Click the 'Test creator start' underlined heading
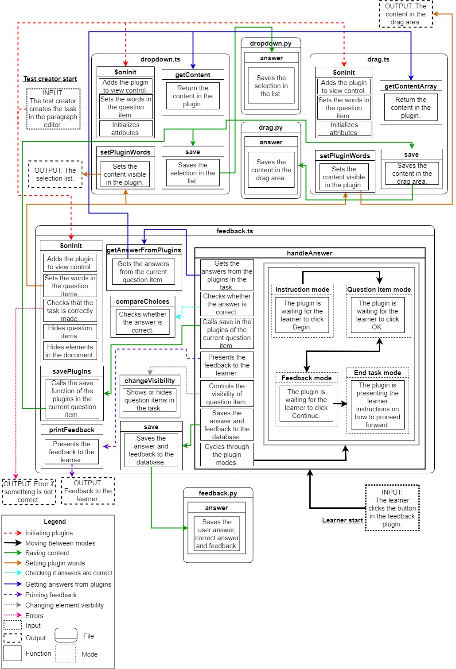[x=50, y=79]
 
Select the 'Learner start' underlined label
[x=342, y=520]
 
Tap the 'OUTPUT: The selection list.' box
[x=55, y=174]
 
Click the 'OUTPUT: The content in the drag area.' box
[x=405, y=14]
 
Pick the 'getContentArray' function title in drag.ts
[x=410, y=86]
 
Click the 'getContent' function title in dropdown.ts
[x=193, y=75]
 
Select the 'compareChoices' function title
[x=143, y=302]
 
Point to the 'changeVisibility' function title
[x=150, y=381]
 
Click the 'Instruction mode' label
[x=302, y=290]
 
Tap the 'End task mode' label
[x=378, y=373]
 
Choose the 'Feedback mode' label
[x=307, y=378]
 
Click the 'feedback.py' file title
[x=218, y=493]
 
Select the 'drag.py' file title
[x=271, y=128]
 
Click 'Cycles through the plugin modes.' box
[x=227, y=455]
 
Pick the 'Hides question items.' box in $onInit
[x=70, y=332]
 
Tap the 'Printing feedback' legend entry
[x=51, y=595]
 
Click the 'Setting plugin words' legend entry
[x=55, y=563]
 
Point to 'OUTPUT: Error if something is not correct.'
[x=29, y=492]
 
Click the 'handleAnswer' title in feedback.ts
[x=309, y=253]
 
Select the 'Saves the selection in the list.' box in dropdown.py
[x=271, y=86]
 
